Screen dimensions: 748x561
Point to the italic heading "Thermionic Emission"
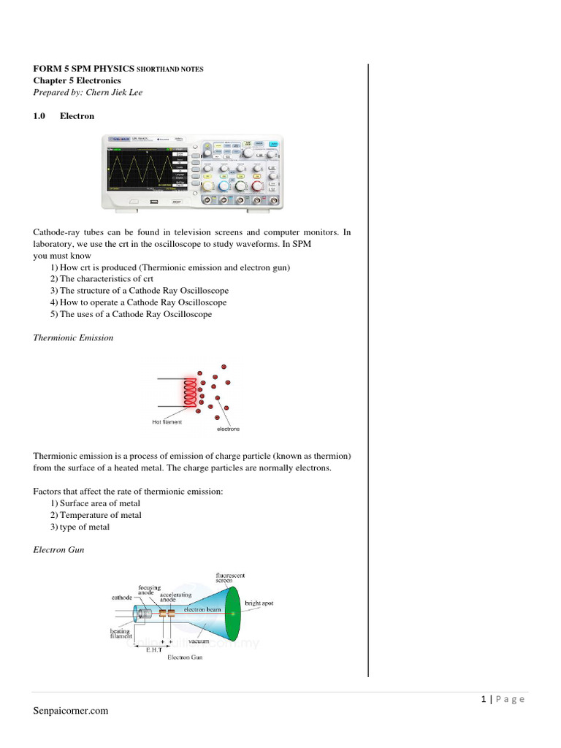(x=73, y=338)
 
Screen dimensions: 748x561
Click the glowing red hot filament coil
(x=192, y=394)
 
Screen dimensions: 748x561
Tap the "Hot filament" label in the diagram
(x=167, y=422)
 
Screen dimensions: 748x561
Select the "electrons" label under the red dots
(x=229, y=429)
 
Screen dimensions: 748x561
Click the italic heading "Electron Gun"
(x=58, y=550)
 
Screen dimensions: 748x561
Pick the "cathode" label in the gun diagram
(x=121, y=597)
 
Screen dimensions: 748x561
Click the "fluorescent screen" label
(x=229, y=577)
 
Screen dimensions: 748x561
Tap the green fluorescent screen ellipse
(x=232, y=614)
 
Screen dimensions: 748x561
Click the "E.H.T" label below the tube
(x=153, y=648)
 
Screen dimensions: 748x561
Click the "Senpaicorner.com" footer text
(x=70, y=711)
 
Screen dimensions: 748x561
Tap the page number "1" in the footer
(x=484, y=699)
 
